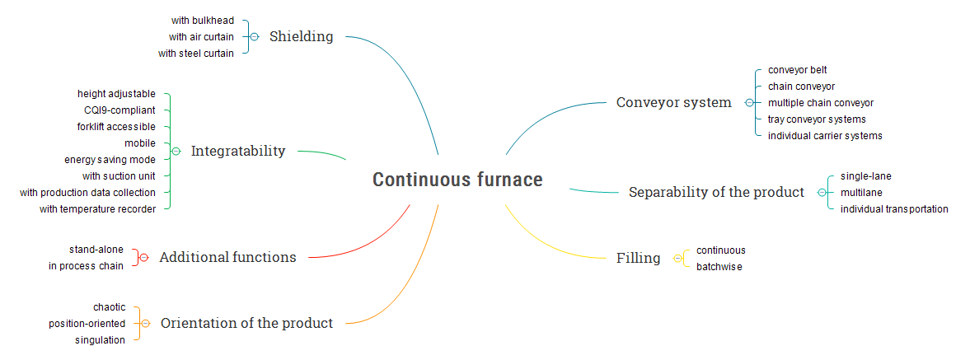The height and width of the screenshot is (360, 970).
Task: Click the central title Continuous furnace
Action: point(457,180)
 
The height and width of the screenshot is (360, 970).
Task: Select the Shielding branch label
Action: point(301,36)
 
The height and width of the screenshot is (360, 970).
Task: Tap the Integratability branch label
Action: point(238,151)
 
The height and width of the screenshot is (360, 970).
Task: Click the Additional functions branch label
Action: point(227,257)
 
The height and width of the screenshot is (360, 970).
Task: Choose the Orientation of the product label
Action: point(246,323)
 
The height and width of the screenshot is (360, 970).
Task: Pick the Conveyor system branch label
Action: point(673,102)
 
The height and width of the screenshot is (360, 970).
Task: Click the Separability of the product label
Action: point(716,192)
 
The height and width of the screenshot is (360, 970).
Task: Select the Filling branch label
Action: point(638,258)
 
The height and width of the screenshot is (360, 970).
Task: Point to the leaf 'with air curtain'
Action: point(201,36)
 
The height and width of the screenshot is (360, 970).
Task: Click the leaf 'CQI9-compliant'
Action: point(119,110)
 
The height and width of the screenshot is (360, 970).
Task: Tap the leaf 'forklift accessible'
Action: point(116,127)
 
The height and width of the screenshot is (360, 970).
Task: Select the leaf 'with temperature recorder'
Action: point(97,209)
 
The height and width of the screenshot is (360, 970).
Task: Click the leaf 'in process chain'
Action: point(86,266)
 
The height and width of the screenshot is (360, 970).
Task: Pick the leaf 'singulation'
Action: point(101,340)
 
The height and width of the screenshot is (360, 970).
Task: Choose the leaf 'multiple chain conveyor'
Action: point(820,103)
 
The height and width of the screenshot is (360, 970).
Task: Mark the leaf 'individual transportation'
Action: point(894,209)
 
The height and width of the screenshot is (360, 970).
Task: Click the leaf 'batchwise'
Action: point(719,267)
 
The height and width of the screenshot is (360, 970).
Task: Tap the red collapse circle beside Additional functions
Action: point(144,258)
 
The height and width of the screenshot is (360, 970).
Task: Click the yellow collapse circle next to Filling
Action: point(677,258)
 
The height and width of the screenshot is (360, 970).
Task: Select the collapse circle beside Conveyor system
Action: point(748,103)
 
